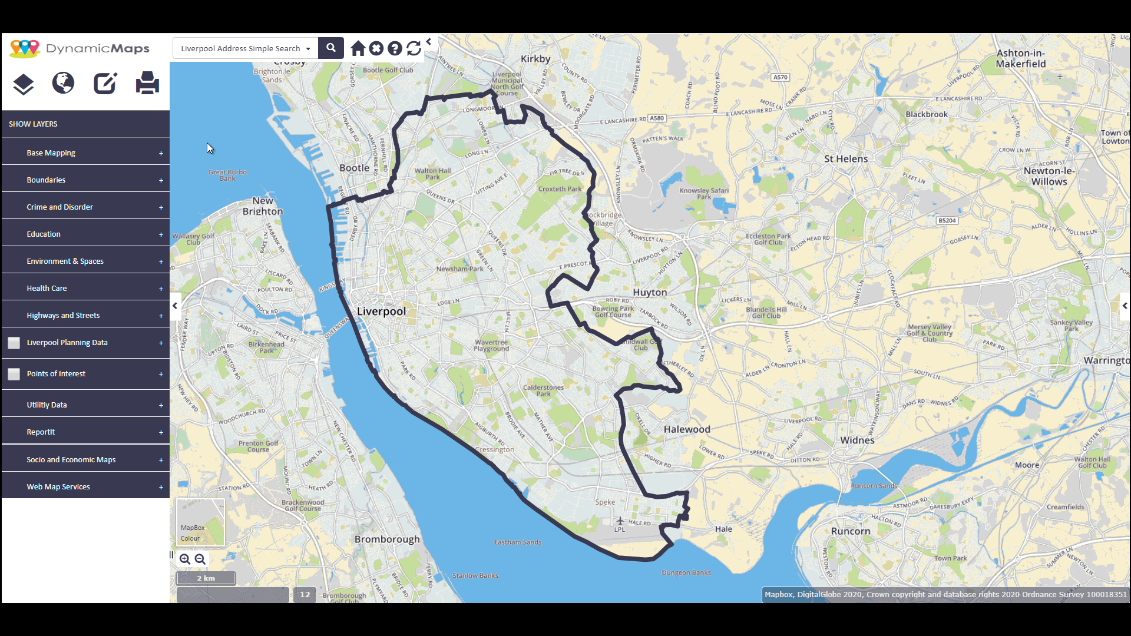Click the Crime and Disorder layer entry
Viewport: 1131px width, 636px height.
tap(59, 207)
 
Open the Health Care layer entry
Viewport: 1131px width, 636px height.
tap(47, 289)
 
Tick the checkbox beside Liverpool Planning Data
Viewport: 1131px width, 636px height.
tap(14, 343)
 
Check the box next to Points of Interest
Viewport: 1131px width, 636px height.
tap(14, 374)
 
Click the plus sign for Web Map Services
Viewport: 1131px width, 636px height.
tap(161, 487)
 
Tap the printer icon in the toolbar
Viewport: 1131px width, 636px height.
tap(147, 83)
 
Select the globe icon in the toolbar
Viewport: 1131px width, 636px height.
tap(63, 83)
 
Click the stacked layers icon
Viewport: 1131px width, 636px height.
tap(24, 84)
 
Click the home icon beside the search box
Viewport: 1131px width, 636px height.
tap(358, 48)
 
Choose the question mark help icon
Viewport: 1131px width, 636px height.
tap(395, 48)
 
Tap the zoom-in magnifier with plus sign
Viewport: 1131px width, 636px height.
tap(185, 559)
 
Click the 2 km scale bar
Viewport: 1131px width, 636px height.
tap(206, 578)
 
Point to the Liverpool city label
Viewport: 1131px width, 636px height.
tap(381, 312)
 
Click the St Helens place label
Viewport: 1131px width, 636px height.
tap(846, 159)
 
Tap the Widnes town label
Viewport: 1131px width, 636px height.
tap(857, 440)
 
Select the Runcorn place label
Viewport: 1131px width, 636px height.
tap(851, 531)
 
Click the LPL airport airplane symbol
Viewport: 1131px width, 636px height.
tap(620, 521)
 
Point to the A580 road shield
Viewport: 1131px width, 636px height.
tap(657, 118)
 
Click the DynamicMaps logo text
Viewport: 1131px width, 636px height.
tap(97, 48)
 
